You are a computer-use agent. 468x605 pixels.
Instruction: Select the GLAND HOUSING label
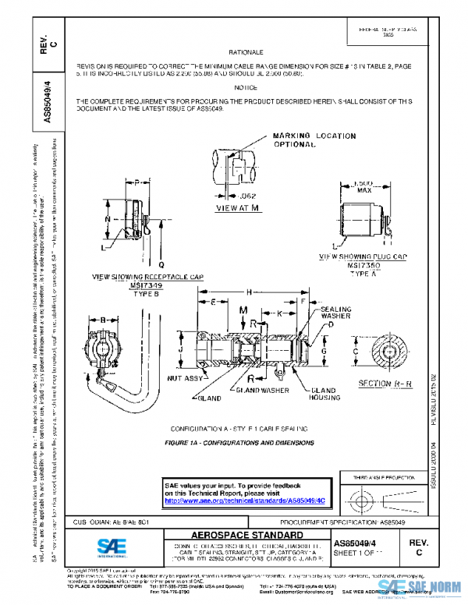[323, 394]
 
